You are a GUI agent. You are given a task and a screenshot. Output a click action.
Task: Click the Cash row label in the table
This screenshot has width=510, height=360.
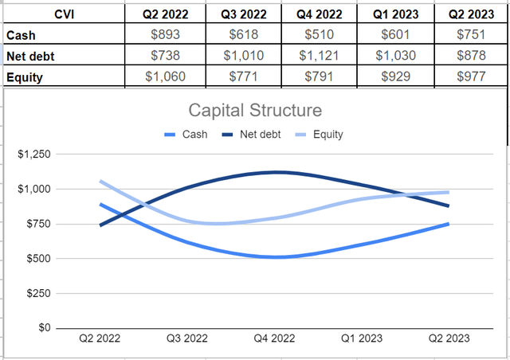click(21, 35)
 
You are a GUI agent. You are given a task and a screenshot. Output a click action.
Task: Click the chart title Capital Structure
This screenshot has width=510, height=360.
click(254, 110)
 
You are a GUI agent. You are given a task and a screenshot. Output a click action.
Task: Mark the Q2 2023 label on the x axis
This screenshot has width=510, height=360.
click(447, 338)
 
